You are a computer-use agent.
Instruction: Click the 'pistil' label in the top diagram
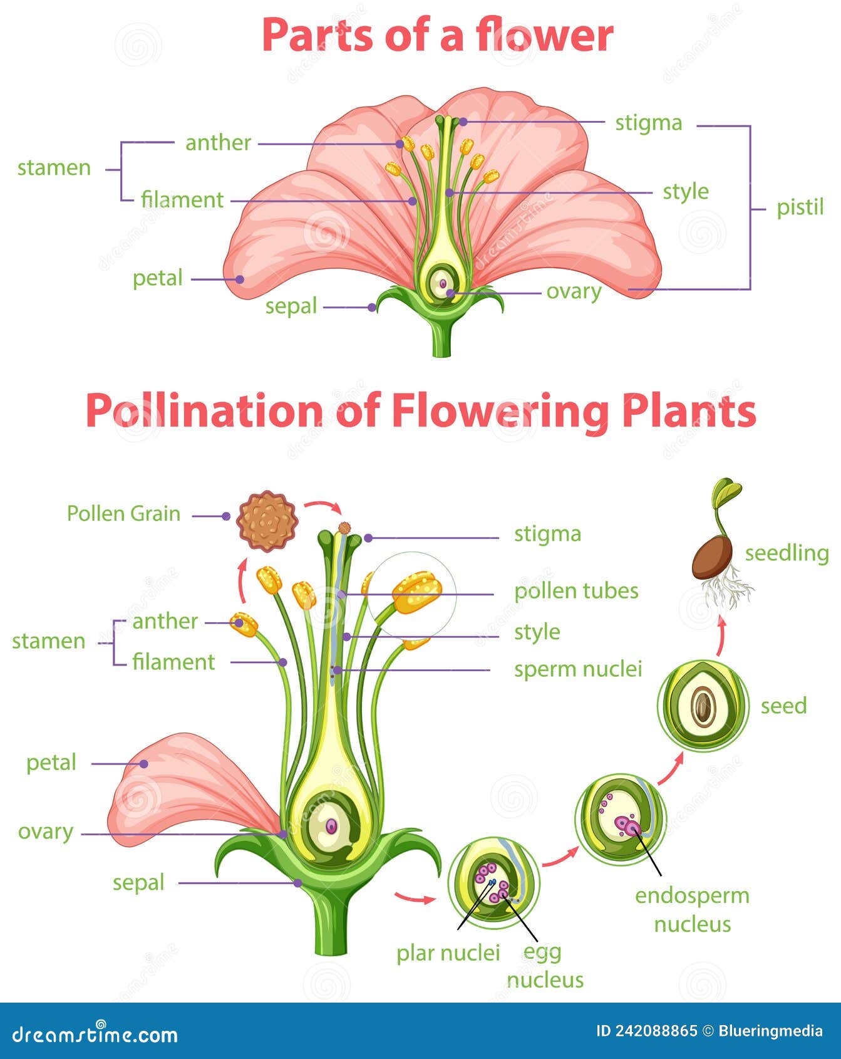tap(800, 207)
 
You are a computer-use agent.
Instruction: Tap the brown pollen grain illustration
tap(267, 521)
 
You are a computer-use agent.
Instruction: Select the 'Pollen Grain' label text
tap(123, 514)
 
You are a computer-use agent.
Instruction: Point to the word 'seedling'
tap(787, 553)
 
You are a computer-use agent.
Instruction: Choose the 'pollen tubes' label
tap(576, 591)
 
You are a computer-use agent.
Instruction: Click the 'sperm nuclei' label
tap(578, 669)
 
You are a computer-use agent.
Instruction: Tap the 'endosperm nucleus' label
tap(692, 910)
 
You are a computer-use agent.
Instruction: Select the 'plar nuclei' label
tap(448, 953)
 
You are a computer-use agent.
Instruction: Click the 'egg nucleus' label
tap(544, 966)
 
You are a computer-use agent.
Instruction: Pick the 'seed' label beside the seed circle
tap(783, 706)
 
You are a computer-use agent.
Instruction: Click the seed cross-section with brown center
tap(703, 706)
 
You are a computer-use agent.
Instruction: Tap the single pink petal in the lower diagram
tap(182, 790)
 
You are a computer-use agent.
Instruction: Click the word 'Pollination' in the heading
tap(204, 412)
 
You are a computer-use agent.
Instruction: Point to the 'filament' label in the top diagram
tap(182, 200)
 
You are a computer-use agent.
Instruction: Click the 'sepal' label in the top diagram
tap(291, 306)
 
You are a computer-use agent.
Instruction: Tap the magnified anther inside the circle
tap(416, 592)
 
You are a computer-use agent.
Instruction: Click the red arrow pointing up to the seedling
tap(721, 634)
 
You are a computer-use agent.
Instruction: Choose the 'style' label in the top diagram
tap(686, 192)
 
